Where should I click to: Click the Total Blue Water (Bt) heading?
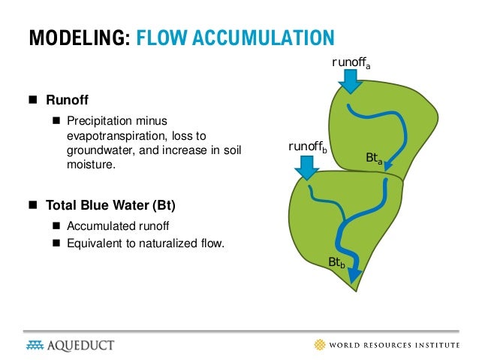pos(111,204)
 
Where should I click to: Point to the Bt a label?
pos(374,158)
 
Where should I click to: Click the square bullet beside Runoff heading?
pos(32,99)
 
